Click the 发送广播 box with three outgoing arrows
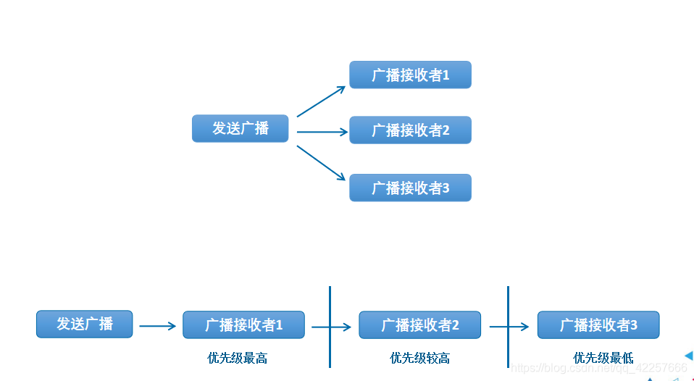point(241,128)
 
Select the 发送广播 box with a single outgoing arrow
point(85,324)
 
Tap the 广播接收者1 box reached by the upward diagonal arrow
point(410,75)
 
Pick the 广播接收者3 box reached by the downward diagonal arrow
point(410,188)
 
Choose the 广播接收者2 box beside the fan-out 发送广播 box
point(410,130)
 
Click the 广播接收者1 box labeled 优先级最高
point(243,325)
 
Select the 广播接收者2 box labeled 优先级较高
point(419,325)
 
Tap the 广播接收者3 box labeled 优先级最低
point(598,325)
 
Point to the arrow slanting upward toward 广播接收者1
point(321,101)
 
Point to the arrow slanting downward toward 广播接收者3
point(321,162)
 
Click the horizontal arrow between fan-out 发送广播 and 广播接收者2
point(322,132)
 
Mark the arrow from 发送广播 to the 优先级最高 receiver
point(157,326)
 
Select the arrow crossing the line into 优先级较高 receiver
point(331,327)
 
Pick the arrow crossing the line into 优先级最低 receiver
point(509,327)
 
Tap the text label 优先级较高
point(419,358)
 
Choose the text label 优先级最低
point(603,358)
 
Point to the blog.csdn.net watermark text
point(598,369)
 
